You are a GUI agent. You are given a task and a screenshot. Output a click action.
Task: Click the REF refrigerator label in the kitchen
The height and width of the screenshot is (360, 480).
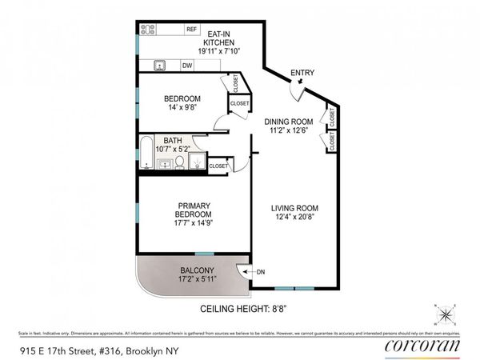[x=191, y=30]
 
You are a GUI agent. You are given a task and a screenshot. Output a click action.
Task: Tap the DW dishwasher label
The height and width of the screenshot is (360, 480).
[x=186, y=66]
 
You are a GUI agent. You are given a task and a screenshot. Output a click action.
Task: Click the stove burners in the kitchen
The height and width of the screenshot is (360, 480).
[x=148, y=30]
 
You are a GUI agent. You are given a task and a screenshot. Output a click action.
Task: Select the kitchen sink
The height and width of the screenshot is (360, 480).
[x=160, y=66]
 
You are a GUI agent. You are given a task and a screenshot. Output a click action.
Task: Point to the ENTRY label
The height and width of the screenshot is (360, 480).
[x=302, y=73]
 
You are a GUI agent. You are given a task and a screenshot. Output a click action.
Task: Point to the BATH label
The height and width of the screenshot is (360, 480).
[x=174, y=139]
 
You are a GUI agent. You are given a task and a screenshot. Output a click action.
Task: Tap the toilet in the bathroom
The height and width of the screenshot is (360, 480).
[x=180, y=163]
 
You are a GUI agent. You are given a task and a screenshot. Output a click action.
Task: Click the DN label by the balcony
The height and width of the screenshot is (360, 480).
[x=260, y=272]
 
